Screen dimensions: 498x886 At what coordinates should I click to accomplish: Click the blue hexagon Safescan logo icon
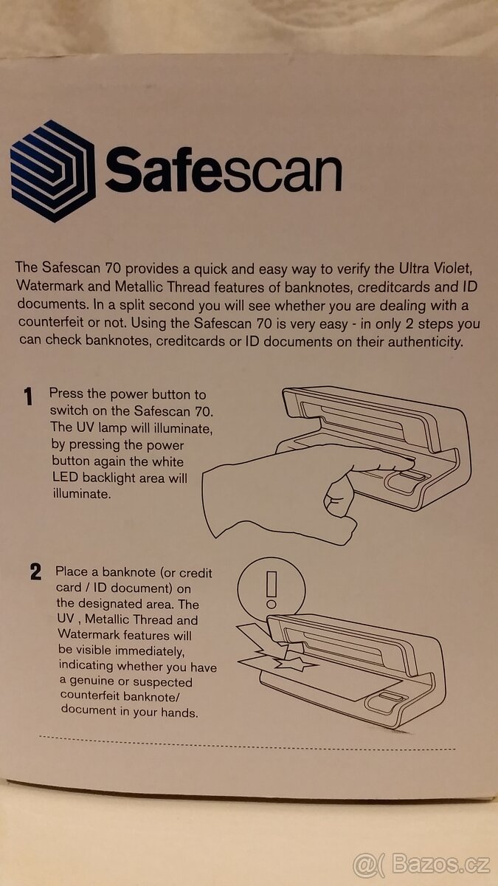(52, 171)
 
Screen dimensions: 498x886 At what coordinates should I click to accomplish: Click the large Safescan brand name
(224, 170)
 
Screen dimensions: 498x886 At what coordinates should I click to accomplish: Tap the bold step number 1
(28, 396)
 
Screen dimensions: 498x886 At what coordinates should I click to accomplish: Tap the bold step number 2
(35, 572)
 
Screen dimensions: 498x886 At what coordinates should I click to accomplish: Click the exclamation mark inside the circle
(272, 589)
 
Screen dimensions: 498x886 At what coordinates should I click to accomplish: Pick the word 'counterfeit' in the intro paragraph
(51, 322)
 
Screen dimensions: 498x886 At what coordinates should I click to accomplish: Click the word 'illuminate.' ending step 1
(82, 494)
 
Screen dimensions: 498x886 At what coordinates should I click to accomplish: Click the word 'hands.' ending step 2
(179, 712)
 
